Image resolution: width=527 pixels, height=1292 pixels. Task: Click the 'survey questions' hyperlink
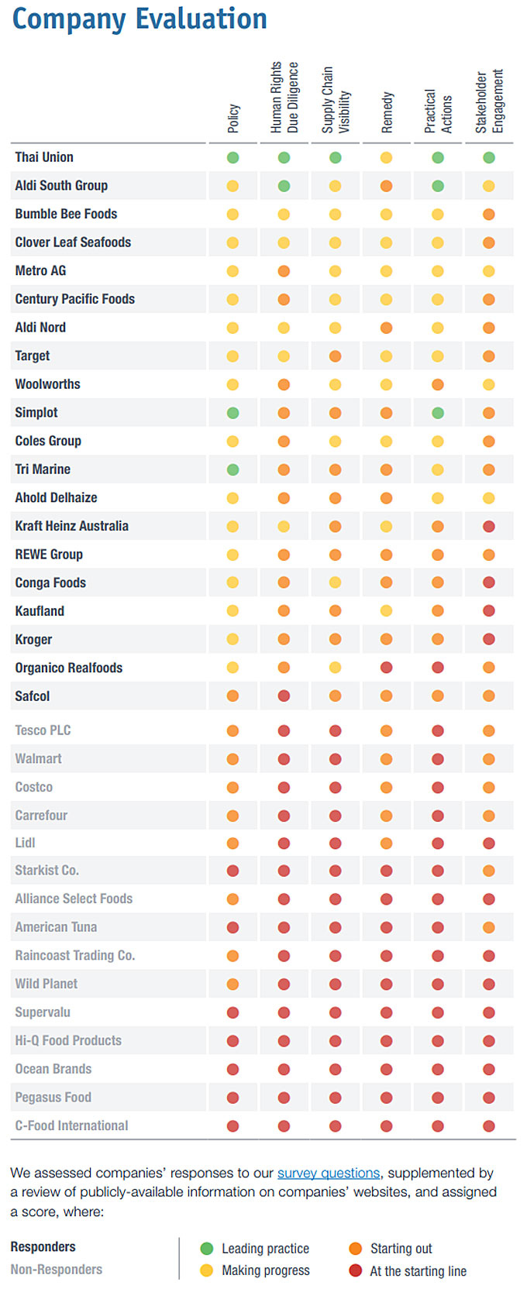pos(329,1173)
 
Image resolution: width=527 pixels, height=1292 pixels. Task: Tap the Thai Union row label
pos(44,157)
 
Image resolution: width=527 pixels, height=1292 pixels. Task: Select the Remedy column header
pos(387,112)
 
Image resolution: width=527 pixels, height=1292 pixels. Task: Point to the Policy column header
pos(233,119)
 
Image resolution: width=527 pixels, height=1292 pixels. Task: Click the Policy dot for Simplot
pos(232,413)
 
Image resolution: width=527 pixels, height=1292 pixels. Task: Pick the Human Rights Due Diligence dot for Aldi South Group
pos(284,186)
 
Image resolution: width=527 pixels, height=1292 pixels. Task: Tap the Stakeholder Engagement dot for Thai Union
pos(489,157)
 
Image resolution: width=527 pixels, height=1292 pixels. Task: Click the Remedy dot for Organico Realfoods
pos(387,668)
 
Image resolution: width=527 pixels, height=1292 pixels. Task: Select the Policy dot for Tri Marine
pos(232,469)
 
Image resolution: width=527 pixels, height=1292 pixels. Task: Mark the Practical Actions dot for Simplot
pos(438,413)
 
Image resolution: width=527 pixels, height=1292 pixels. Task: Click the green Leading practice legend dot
pos(206,1248)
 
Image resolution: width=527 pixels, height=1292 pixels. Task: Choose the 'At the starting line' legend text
pos(418,1271)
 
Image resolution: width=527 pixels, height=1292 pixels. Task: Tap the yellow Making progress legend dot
pos(206,1270)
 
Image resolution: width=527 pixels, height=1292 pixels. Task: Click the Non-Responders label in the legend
pos(57,1270)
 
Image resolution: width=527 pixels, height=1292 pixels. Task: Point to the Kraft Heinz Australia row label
pos(71,526)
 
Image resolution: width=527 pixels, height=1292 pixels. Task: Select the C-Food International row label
pos(71,1125)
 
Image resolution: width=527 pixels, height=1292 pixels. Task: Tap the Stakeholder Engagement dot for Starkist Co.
pos(489,871)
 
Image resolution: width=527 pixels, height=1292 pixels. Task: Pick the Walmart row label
pos(38,758)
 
